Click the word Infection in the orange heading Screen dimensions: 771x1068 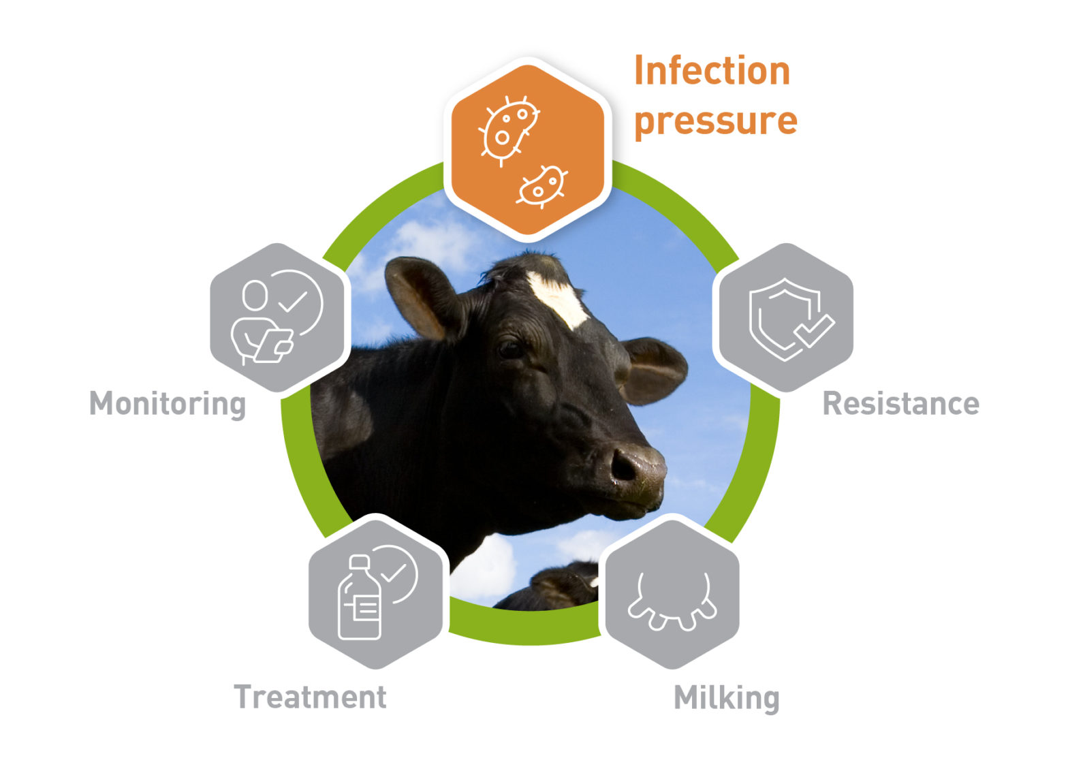(712, 71)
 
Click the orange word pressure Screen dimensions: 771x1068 (715, 121)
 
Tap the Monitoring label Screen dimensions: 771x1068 (168, 404)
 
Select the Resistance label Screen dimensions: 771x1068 (900, 404)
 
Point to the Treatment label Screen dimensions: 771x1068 (310, 697)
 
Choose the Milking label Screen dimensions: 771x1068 (726, 698)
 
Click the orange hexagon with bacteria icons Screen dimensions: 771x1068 (527, 150)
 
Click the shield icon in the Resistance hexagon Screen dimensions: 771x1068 (783, 317)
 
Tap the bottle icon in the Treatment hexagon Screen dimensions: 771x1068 (360, 599)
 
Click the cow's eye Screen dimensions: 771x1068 (510, 349)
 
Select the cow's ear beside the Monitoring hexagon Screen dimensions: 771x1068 (419, 296)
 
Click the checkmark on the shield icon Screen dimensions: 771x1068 (815, 330)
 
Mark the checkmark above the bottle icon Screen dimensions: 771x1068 (394, 572)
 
